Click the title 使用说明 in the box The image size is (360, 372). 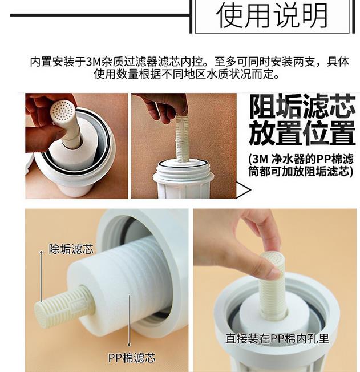[x=272, y=15]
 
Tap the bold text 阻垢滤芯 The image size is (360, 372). [x=302, y=107]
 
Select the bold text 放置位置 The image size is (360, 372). [x=302, y=133]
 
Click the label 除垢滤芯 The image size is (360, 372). [x=71, y=249]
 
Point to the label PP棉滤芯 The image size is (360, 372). [x=132, y=358]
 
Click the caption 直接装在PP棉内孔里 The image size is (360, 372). [x=277, y=338]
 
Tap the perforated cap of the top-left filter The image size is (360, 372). [x=62, y=112]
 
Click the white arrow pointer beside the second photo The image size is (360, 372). [x=243, y=190]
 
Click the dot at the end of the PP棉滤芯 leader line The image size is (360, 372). [x=129, y=345]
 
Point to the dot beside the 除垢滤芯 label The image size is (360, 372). [x=41, y=252]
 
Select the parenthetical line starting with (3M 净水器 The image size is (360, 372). [x=301, y=159]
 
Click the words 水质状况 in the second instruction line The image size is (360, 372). [x=229, y=74]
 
